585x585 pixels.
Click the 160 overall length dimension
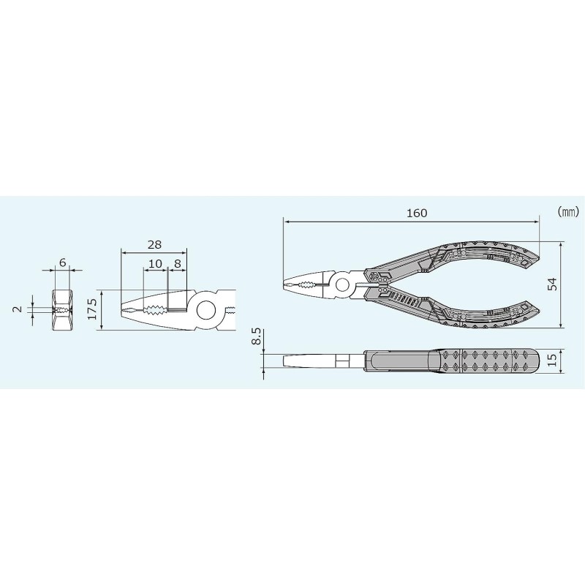coord(416,213)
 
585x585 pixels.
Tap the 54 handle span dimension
coord(552,284)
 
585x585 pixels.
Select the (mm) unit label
coord(569,212)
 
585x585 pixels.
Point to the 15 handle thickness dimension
coord(552,359)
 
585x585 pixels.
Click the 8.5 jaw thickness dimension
coord(257,336)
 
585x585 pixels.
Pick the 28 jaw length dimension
coord(154,245)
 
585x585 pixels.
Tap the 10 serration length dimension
coord(155,264)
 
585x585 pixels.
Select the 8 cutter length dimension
coord(177,264)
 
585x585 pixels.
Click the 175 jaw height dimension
coord(92,309)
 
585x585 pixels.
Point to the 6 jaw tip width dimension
coord(62,263)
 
